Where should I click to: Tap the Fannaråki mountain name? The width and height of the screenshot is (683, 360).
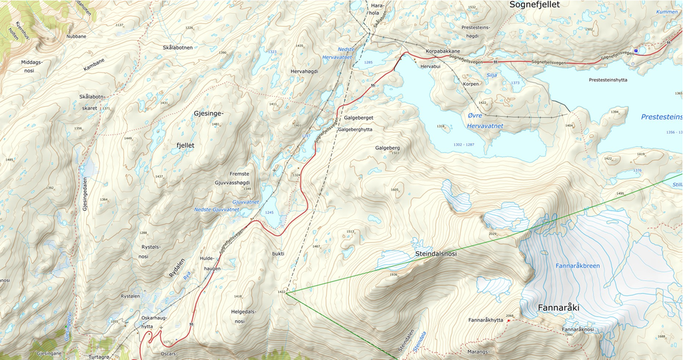click(558, 309)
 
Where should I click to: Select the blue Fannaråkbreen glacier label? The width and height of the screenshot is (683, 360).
click(578, 266)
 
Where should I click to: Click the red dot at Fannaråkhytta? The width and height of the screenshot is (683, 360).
click(508, 321)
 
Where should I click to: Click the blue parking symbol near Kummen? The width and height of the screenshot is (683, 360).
click(636, 51)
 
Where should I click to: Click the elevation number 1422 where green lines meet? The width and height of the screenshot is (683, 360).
click(281, 292)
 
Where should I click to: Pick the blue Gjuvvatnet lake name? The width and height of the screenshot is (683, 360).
click(245, 201)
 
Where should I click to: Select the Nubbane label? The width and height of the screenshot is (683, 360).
click(76, 37)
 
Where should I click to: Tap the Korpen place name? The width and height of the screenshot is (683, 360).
click(472, 85)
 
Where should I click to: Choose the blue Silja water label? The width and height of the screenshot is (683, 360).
click(493, 75)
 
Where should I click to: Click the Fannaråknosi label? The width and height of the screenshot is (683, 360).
click(578, 329)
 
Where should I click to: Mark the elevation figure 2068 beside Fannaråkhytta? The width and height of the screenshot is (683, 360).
click(510, 316)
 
